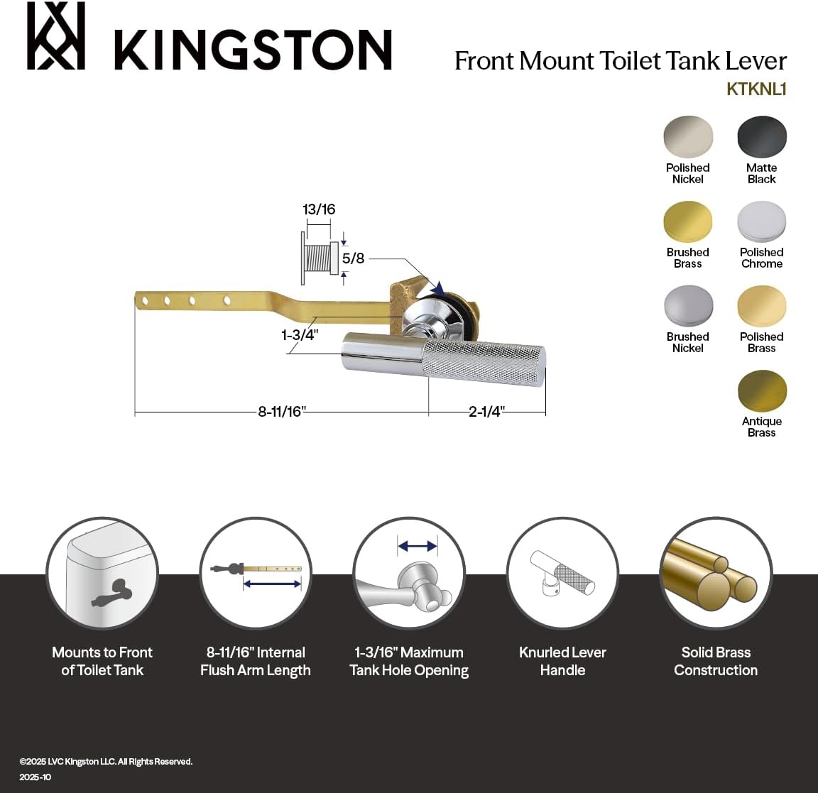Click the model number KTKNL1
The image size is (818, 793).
tap(756, 89)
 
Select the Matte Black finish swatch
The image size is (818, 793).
tap(762, 136)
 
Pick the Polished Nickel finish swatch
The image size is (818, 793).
tap(687, 136)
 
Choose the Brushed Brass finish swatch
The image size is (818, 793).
tap(687, 222)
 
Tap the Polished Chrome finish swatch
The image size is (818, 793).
tap(762, 222)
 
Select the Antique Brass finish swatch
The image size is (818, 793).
tap(762, 390)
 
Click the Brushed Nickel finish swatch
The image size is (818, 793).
tap(687, 306)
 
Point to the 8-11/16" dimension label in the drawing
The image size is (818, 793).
tap(281, 412)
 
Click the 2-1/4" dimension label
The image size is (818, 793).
tap(486, 412)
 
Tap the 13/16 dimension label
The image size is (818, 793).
tap(319, 209)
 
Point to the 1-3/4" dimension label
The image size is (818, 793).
tap(300, 334)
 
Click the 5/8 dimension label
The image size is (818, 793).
tap(353, 258)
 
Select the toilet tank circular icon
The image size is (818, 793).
tap(102, 573)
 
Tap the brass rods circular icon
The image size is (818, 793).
tap(716, 573)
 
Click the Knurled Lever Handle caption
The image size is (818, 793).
tap(562, 661)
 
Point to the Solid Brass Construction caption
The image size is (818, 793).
tap(716, 661)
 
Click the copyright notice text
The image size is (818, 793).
tap(106, 761)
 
